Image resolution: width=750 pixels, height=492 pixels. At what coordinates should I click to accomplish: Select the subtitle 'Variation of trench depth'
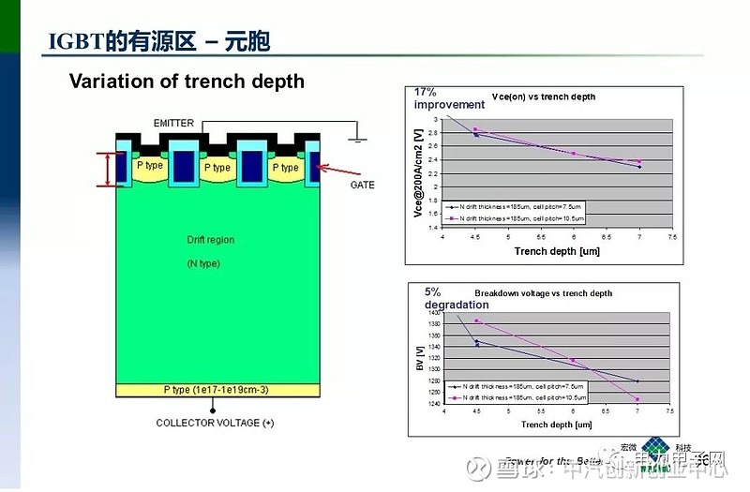point(187,82)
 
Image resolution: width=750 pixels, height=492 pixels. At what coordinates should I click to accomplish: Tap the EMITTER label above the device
point(175,124)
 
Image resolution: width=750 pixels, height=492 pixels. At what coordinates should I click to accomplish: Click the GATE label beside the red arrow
point(362,185)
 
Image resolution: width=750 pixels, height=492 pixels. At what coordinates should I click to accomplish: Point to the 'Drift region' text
point(211,240)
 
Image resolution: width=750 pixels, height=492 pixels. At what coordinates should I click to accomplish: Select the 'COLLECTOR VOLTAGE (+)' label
point(215,424)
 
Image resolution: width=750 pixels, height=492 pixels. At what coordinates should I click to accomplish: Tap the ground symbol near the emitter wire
point(357,141)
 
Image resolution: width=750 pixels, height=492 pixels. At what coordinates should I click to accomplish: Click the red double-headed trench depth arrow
point(110,169)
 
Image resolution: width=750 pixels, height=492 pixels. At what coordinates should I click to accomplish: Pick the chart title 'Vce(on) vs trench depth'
point(543,97)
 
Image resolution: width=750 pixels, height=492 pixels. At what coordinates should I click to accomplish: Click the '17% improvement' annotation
point(449,98)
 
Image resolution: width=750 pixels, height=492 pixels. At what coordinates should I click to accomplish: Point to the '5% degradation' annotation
point(456,298)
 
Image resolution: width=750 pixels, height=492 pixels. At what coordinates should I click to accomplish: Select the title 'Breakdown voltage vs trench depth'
point(543,293)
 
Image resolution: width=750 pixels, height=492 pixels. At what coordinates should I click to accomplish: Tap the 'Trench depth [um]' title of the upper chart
point(557,251)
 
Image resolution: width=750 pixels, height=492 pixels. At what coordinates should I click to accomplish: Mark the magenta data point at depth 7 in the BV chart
point(637,400)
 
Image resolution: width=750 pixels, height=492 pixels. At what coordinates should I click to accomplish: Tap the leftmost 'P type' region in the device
point(152,165)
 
